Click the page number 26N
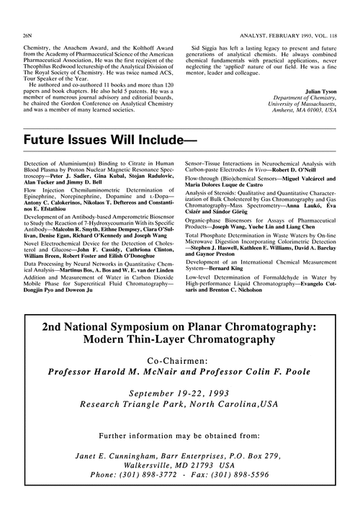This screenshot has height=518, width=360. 28,14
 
